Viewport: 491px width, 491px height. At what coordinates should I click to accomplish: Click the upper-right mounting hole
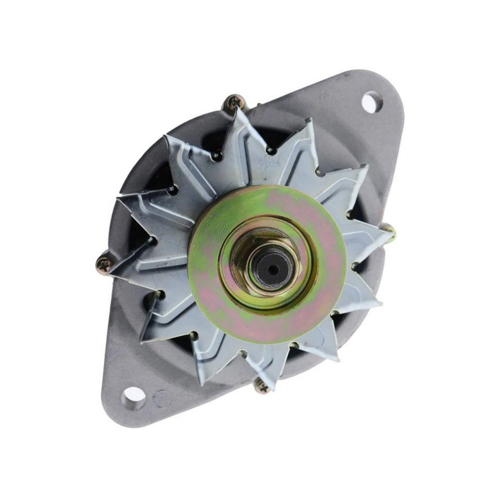[371, 101]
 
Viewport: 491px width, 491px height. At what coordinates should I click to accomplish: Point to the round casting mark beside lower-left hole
[162, 398]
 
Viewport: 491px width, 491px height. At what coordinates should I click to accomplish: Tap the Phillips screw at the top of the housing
[234, 102]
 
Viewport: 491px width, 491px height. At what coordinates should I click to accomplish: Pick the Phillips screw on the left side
[105, 265]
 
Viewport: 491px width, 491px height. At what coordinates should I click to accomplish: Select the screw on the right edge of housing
[389, 231]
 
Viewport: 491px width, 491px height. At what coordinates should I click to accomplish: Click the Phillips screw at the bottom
[262, 385]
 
